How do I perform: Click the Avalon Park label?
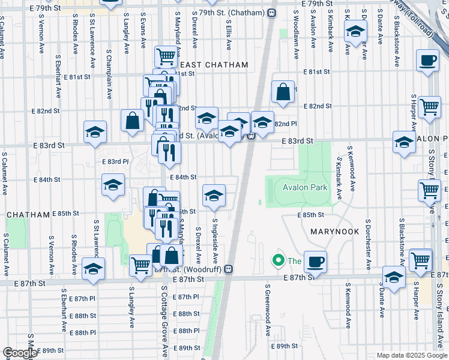point(305,188)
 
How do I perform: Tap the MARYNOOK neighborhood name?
point(334,232)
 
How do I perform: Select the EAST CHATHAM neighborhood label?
point(214,65)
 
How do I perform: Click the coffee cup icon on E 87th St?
point(315,262)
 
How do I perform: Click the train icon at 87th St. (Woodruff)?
point(228,269)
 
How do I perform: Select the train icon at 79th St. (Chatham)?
point(272,13)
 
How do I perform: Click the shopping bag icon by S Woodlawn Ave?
point(283,92)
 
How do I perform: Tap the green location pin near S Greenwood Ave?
point(277,260)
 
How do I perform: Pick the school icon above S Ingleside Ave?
point(214,196)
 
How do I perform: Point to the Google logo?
point(20,353)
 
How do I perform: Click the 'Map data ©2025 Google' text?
point(412,355)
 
